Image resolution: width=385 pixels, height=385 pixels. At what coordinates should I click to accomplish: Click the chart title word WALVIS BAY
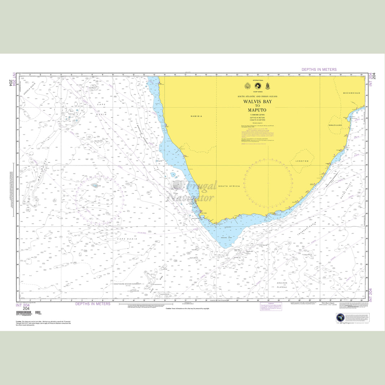coord(257,101)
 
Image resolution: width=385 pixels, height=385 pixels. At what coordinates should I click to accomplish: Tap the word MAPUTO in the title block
coord(257,110)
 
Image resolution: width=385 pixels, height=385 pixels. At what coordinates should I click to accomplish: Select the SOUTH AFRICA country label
coord(229,186)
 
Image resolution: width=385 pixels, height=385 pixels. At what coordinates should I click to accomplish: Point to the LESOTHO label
coord(302,161)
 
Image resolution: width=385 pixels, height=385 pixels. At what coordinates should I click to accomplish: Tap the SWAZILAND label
coord(335,125)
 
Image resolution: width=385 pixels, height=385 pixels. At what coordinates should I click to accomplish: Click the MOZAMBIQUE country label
coord(351,93)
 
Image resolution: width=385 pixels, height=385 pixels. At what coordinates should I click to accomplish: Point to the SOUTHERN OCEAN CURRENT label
coord(127,284)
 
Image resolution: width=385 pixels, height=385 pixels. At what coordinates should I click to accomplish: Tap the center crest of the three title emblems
coord(257,86)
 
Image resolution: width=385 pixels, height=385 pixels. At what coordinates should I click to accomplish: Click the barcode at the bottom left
coord(25,314)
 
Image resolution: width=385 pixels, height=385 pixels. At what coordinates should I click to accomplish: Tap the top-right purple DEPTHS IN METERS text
coord(319,70)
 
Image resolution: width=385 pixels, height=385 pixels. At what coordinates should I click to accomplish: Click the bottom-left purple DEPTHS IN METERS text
coord(93,304)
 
